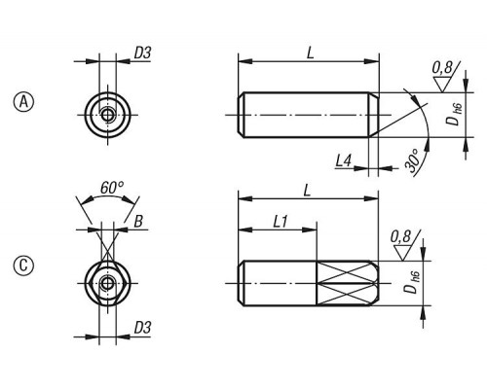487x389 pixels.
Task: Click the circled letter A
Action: point(23,102)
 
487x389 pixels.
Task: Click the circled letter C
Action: point(23,266)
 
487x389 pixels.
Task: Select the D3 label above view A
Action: point(143,53)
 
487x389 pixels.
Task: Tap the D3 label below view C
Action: point(143,328)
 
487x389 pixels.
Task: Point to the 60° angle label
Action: point(112,188)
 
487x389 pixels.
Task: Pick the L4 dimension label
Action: point(344,160)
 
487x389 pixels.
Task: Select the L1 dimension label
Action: point(280,222)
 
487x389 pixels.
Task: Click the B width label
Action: point(138,222)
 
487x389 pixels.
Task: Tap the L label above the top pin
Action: point(311,53)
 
